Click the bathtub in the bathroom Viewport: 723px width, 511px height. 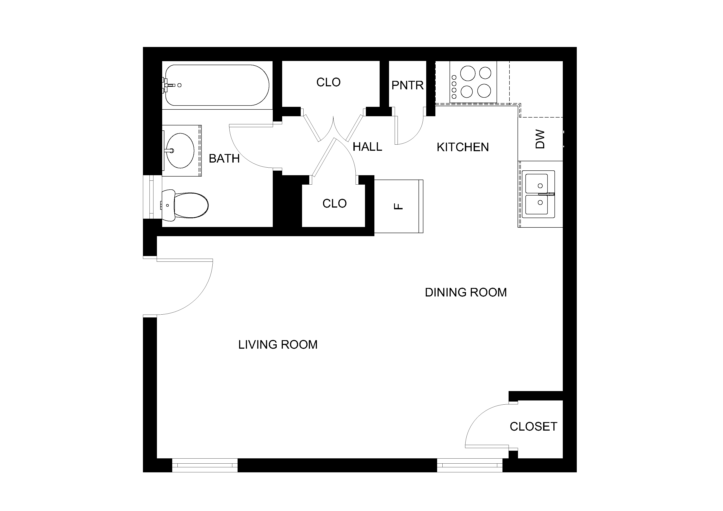tap(217, 85)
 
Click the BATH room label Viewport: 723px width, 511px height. tap(224, 158)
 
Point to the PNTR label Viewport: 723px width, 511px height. tap(407, 85)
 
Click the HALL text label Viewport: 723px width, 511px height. tap(367, 147)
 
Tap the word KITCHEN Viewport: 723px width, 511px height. tap(462, 147)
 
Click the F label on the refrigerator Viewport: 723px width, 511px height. tap(399, 206)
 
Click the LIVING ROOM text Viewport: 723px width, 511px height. tap(278, 345)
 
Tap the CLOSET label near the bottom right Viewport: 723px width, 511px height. tap(534, 427)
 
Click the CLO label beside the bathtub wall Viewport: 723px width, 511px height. tap(328, 82)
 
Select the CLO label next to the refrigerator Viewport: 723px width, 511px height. tap(334, 203)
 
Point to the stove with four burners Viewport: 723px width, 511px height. tap(473, 82)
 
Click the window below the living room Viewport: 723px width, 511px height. tap(205, 465)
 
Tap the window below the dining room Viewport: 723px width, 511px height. tap(470, 465)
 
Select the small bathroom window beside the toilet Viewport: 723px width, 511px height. tap(152, 197)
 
